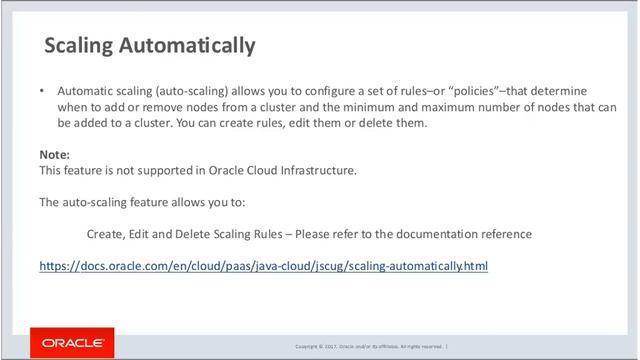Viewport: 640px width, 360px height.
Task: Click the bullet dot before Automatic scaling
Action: tap(42, 89)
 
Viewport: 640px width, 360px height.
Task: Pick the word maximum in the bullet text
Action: tap(474, 106)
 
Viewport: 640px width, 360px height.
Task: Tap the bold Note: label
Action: tap(54, 155)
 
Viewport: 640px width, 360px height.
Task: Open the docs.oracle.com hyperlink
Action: tap(263, 267)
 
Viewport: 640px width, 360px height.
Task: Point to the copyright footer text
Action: tap(369, 346)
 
